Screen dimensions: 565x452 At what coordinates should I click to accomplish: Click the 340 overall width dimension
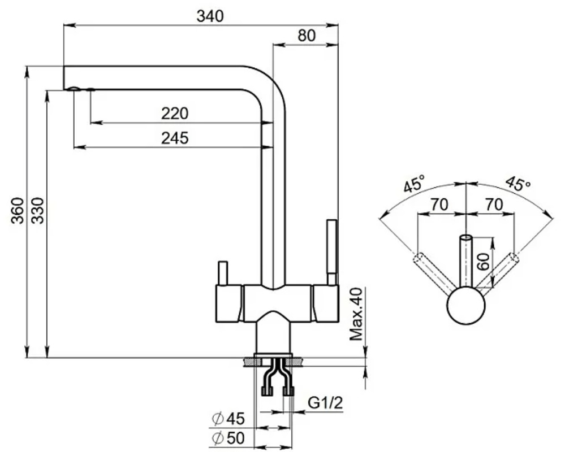pos(210,16)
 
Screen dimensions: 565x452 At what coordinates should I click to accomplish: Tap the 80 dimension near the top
pos(307,36)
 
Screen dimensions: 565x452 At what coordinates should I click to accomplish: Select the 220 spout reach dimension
pos(175,114)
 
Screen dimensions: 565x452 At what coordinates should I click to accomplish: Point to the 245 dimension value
pos(175,138)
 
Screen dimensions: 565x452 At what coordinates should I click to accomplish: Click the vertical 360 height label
pos(18,211)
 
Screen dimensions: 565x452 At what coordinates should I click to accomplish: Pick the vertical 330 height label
pos(37,211)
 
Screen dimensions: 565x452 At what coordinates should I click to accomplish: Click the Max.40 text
pos(356,314)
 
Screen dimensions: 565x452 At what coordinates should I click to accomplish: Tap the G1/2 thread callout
pos(325,403)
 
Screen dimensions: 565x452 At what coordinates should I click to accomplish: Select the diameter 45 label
pos(228,419)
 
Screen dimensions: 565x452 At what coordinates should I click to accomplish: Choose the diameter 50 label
pos(228,438)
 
